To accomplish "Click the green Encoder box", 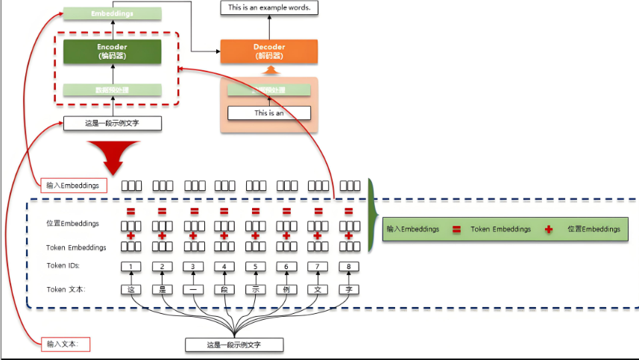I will (x=112, y=51).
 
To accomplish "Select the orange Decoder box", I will (x=269, y=51).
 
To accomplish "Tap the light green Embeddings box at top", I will (x=112, y=13).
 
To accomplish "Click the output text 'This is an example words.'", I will (x=269, y=8).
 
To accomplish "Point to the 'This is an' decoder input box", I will (x=269, y=113).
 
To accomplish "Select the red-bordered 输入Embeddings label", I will (x=72, y=186).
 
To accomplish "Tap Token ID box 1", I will (x=131, y=267).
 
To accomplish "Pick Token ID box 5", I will (x=256, y=267).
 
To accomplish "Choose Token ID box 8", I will (x=348, y=267).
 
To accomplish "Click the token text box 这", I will (x=131, y=289).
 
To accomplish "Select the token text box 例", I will (x=286, y=289).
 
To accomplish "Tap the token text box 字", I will (x=348, y=289).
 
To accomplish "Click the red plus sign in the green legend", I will (x=549, y=230).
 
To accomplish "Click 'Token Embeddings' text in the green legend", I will (x=501, y=230).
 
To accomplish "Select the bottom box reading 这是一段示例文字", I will (x=235, y=344).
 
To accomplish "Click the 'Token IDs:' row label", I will (x=63, y=266).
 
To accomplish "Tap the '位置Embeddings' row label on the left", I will (x=72, y=224).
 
